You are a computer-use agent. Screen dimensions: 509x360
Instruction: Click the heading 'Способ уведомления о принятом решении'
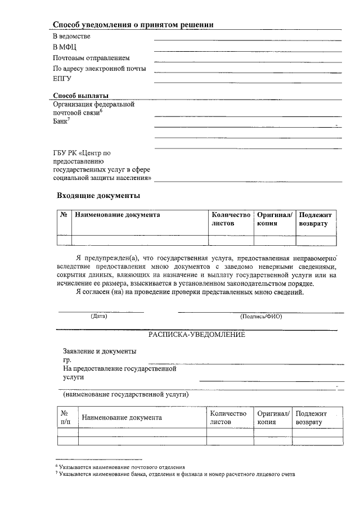pos(133,24)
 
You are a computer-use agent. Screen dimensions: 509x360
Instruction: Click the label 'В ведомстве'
pos(71,37)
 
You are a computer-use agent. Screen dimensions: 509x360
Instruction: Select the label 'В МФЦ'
pos(65,47)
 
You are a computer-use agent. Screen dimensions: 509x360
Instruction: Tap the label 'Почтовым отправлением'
pos(91,58)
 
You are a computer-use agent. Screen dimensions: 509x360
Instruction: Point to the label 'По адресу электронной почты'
pos(99,69)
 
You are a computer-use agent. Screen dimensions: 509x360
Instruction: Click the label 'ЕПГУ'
pos(62,79)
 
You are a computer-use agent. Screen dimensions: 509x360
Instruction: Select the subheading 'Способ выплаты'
pos(80,95)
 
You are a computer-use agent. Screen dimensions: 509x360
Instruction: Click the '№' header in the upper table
pos(64,215)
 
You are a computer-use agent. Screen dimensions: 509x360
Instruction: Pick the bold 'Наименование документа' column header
pos(117,214)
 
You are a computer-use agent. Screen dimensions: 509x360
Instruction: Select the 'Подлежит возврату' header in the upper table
pos(316,219)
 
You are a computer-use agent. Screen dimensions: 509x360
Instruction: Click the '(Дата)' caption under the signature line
pos(98,316)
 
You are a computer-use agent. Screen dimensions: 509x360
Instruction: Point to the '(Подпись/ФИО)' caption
pos(261,316)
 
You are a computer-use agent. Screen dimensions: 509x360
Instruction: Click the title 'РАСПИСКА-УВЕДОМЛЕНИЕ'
pos(197,335)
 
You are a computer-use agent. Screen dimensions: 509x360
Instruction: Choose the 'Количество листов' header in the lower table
pos(228,417)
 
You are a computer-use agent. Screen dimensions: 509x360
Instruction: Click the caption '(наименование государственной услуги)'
pos(126,394)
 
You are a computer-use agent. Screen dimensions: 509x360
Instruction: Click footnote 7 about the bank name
pos(174,474)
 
